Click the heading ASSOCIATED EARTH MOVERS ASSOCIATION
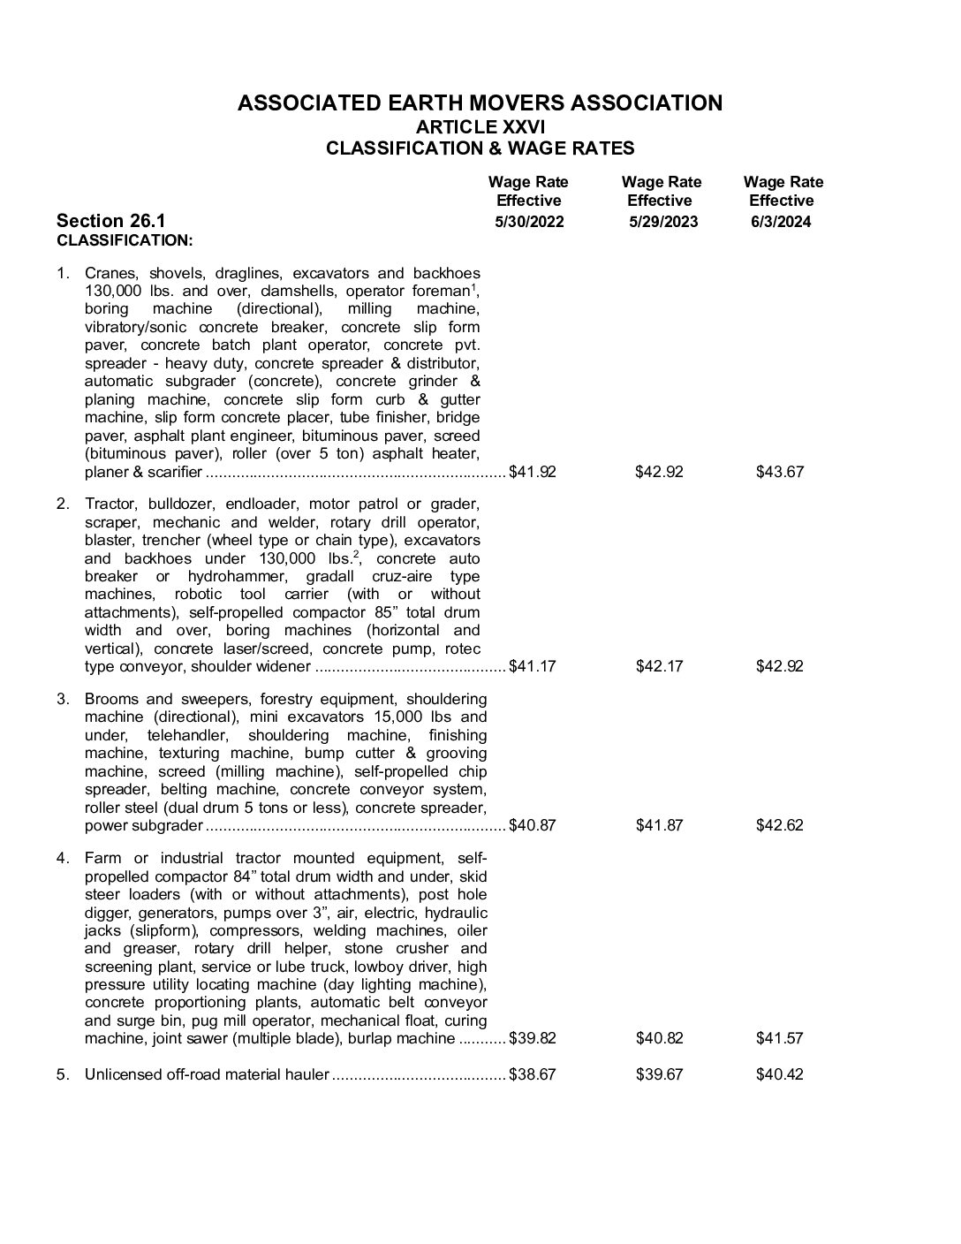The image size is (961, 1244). [x=480, y=103]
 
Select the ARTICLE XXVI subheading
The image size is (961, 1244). [x=480, y=127]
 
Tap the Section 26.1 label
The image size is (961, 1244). [x=110, y=221]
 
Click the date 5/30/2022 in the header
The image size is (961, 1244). [x=528, y=222]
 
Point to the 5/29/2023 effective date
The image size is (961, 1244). [x=663, y=222]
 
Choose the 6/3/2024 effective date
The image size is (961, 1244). [x=781, y=222]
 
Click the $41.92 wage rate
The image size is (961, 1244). [x=533, y=472]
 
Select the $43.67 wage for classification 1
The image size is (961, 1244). [x=780, y=472]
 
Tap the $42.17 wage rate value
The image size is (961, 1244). [x=660, y=666]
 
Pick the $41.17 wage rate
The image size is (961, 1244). [x=533, y=666]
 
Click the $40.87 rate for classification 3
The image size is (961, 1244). [x=533, y=825]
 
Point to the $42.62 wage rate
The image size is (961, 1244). [x=780, y=825]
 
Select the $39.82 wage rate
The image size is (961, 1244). [x=533, y=1038]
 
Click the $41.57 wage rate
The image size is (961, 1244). [x=780, y=1038]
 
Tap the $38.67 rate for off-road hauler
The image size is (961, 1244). [x=533, y=1074]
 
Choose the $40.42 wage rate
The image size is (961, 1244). [x=780, y=1074]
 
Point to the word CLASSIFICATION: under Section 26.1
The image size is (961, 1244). [x=125, y=240]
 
